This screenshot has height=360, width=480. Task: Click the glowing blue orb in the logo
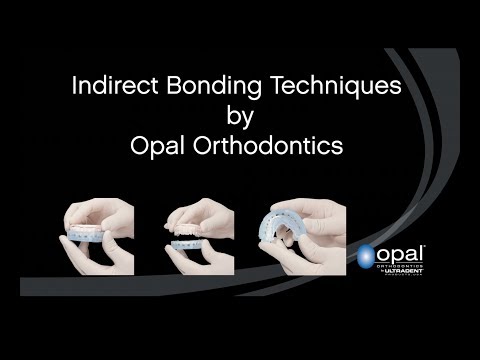tap(367, 256)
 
